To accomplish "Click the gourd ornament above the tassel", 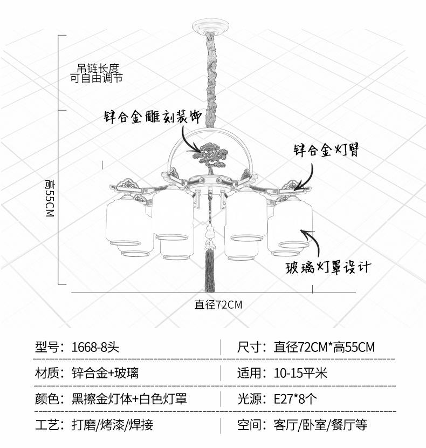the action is tap(210, 230).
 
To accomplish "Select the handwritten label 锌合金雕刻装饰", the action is tap(153, 116).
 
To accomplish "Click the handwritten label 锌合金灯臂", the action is tap(326, 150).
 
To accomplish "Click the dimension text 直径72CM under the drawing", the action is tap(218, 304).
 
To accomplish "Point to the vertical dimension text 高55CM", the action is tap(50, 198).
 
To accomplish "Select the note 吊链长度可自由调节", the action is tap(96, 73).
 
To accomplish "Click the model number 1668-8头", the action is tap(95, 347).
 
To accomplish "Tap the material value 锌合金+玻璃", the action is tap(105, 373).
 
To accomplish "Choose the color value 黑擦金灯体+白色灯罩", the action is tap(129, 398).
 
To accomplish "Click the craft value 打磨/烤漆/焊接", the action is tap(112, 425).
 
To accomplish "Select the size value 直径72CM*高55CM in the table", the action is tap(324, 347).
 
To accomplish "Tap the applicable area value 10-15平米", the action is tap(300, 373).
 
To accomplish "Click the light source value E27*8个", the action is tap(295, 398).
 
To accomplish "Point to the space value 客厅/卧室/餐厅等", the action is tap(320, 425).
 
